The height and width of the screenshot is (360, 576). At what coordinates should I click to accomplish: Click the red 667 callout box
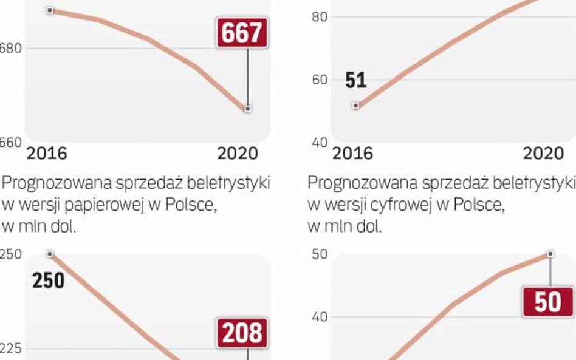242,33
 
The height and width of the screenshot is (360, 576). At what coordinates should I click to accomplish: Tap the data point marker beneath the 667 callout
247,109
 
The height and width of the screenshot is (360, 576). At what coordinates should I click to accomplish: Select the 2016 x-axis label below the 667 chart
47,154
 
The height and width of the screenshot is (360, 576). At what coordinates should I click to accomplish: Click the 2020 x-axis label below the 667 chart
238,154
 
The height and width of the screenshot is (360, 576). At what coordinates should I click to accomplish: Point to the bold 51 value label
355,80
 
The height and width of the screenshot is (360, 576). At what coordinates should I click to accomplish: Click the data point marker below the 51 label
356,106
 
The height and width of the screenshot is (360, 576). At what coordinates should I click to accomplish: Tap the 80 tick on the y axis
320,17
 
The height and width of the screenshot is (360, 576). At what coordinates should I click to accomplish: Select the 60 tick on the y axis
320,80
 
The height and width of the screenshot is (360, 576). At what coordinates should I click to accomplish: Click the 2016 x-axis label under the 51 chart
352,154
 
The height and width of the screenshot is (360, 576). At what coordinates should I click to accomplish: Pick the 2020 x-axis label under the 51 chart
544,154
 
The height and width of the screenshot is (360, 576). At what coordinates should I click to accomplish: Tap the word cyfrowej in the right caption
407,205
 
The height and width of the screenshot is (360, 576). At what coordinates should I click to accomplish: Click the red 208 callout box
242,333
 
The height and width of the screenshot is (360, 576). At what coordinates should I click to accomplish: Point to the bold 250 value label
48,281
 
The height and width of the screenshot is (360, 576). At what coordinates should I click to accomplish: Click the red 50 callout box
547,302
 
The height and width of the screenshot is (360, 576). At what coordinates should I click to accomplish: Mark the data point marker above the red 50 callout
550,254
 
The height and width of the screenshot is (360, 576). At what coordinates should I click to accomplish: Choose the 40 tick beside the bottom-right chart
320,316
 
